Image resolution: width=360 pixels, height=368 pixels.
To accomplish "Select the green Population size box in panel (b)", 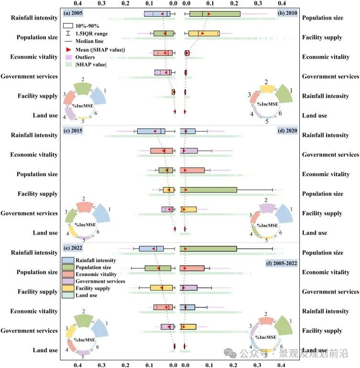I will pyautogui.click(x=215, y=14).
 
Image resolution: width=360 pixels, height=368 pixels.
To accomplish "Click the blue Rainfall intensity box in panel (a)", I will pyautogui.click(x=157, y=13).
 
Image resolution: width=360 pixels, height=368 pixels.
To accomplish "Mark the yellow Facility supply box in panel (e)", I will pyautogui.click(x=158, y=288).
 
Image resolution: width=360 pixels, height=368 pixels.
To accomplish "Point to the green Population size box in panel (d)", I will pyautogui.click(x=208, y=190).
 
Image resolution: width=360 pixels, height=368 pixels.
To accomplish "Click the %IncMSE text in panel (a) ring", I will pyautogui.click(x=82, y=104).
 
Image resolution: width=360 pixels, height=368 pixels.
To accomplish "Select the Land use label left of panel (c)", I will pyautogui.click(x=45, y=233).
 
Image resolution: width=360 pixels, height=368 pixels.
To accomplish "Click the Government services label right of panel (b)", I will pyautogui.click(x=330, y=77).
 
